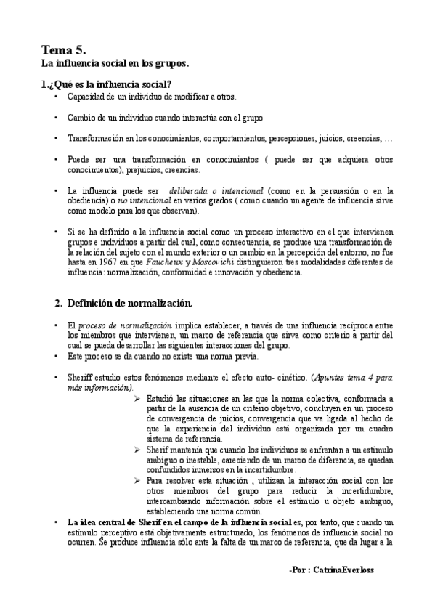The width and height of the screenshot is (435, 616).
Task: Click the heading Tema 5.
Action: pyautogui.click(x=64, y=49)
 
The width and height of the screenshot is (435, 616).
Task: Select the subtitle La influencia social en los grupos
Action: pyautogui.click(x=114, y=64)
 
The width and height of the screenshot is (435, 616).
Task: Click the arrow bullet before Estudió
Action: pyautogui.click(x=138, y=399)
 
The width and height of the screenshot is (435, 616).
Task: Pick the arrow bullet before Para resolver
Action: pyautogui.click(x=138, y=480)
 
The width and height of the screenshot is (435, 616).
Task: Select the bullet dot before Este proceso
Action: pyautogui.click(x=57, y=357)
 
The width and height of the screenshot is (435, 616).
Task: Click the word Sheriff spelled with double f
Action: pyautogui.click(x=79, y=378)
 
